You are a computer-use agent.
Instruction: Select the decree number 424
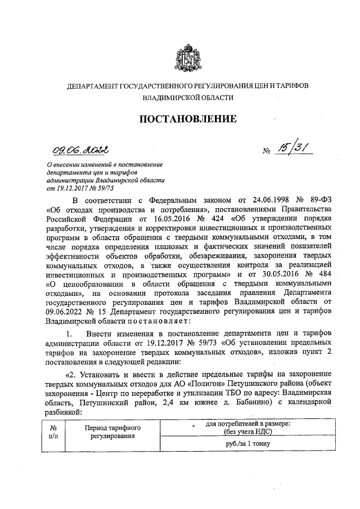point(221,218)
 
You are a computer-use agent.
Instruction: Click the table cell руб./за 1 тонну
point(246,443)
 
